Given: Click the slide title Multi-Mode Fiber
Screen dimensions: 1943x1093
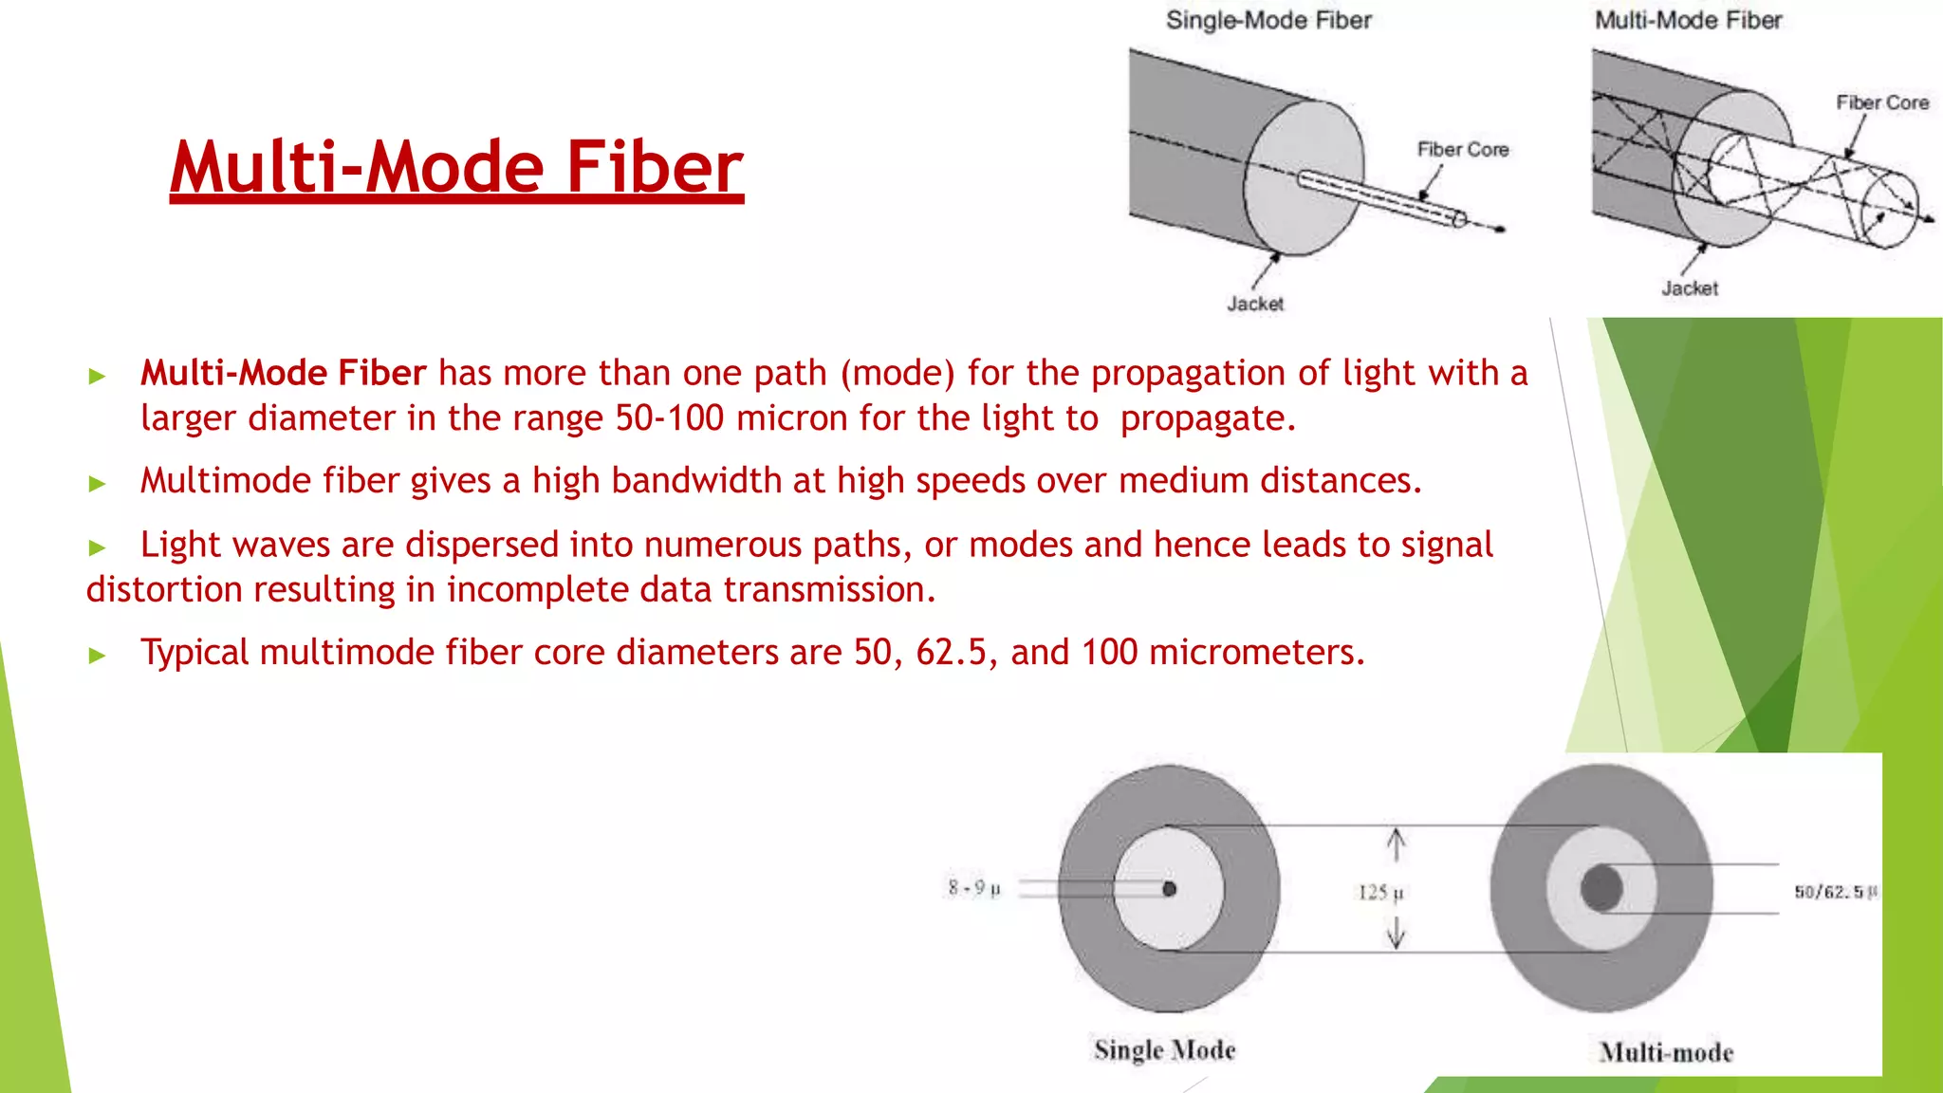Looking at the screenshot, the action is coord(456,167).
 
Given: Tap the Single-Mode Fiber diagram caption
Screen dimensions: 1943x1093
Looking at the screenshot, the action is coord(1268,20).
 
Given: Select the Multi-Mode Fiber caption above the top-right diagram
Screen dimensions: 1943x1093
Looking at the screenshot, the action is coord(1688,20).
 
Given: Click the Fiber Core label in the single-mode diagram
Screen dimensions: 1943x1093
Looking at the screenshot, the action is coord(1462,149).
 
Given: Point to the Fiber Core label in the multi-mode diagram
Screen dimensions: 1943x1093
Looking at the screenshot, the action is coord(1881,102).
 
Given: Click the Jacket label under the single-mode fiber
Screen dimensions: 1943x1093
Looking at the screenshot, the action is coord(1254,304).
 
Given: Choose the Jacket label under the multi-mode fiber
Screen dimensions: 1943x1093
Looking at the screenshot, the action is coord(1689,288).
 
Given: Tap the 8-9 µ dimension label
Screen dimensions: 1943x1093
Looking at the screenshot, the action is coord(974,888).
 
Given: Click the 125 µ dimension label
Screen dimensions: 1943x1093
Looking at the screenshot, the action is coord(1380,892).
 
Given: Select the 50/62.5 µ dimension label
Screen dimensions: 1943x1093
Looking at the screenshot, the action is coord(1835,892).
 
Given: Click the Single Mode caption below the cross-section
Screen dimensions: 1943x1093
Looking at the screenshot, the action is coord(1165,1050).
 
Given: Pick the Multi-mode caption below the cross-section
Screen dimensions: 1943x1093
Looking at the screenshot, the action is coord(1666,1052).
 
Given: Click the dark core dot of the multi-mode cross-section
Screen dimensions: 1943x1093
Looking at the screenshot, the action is coord(1601,888).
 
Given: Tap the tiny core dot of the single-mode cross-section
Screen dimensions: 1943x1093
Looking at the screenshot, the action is coord(1169,889).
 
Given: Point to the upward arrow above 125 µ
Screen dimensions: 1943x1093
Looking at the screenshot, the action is coord(1396,843).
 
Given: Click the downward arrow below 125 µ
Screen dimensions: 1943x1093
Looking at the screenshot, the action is coord(1396,934).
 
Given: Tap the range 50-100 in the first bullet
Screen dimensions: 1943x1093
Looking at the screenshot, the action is coord(669,418).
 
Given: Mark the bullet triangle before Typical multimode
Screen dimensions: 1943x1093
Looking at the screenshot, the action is coord(97,655).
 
